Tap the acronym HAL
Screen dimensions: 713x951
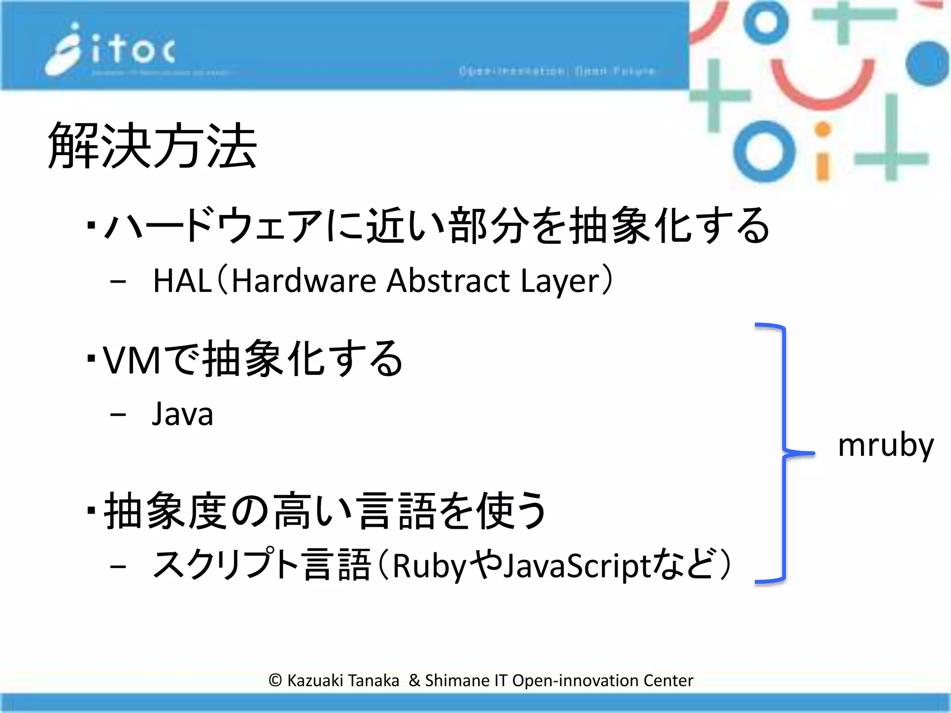[x=182, y=281]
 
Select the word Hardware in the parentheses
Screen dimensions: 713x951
[x=304, y=281]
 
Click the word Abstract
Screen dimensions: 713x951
[x=448, y=281]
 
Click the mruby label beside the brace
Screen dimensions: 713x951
[x=885, y=446]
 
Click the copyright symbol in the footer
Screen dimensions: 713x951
[x=275, y=681]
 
